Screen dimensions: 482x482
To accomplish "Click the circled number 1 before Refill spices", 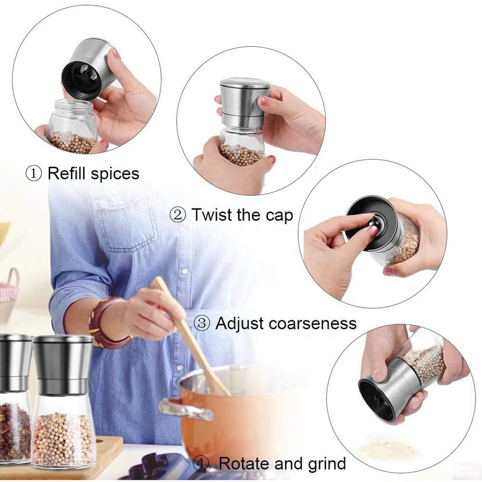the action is click(x=33, y=174).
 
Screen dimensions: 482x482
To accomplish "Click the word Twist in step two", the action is click(x=212, y=214).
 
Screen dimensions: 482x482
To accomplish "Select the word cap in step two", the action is click(x=280, y=216).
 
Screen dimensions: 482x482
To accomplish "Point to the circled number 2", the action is click(x=178, y=215).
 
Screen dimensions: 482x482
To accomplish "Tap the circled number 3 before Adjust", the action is click(x=202, y=323).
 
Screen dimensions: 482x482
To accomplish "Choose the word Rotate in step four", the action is click(x=244, y=463).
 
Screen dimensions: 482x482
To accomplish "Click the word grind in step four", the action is click(x=325, y=464).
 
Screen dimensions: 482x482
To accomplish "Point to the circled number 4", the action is click(x=201, y=463).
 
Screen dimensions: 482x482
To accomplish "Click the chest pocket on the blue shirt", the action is click(x=126, y=225).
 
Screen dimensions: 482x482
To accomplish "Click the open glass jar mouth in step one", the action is click(x=73, y=105).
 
